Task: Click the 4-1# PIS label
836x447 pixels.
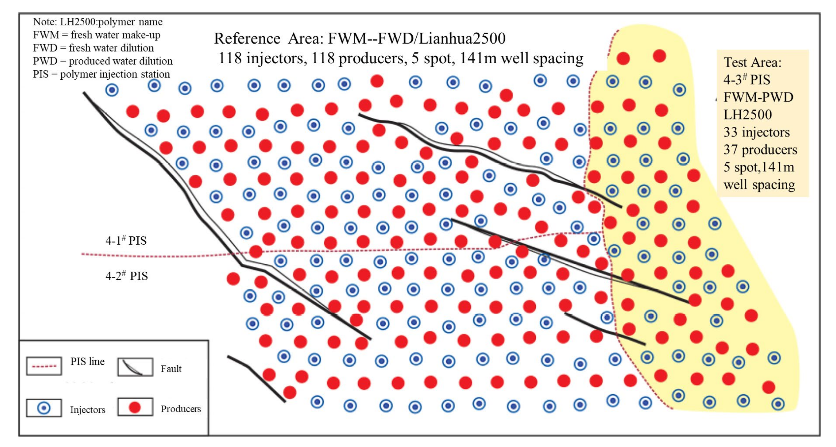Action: tap(126, 240)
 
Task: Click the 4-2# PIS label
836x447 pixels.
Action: tap(126, 276)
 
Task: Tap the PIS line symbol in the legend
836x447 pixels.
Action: tap(44, 366)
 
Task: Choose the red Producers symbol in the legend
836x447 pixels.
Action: tap(135, 407)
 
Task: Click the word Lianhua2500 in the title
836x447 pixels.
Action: tap(462, 39)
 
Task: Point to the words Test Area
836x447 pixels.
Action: tap(752, 62)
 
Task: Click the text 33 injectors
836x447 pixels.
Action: tap(756, 132)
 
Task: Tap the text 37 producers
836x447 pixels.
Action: tap(760, 150)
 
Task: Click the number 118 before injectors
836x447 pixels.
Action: tap(230, 58)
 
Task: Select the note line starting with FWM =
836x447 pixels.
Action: tap(96, 35)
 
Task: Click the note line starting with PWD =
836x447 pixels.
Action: tap(103, 61)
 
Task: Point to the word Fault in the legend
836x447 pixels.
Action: tap(171, 369)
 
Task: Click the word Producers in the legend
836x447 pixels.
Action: tap(181, 409)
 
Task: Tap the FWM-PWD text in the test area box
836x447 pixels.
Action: tap(758, 97)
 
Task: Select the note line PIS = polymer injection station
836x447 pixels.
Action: tap(101, 74)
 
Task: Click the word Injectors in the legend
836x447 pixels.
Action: tap(88, 410)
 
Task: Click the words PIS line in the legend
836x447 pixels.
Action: tap(88, 361)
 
